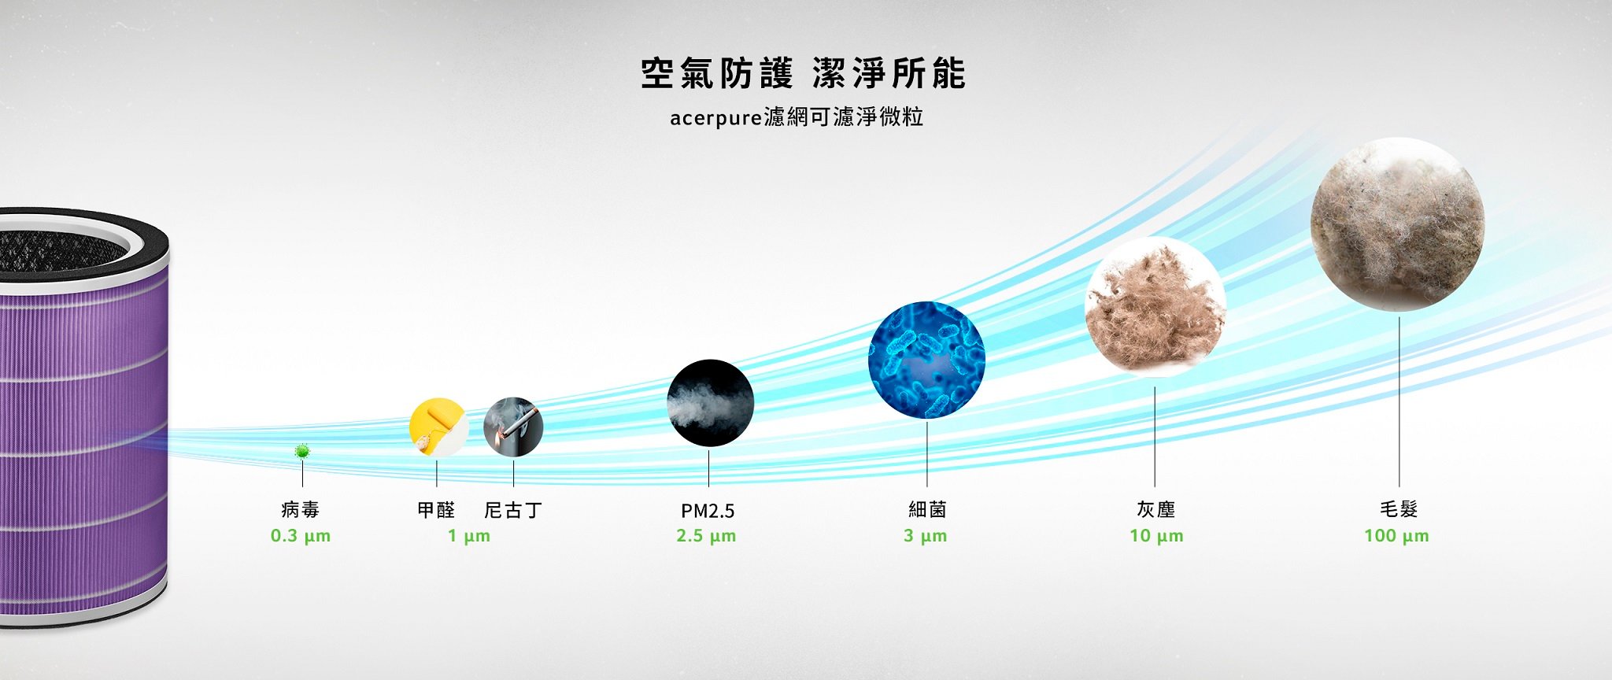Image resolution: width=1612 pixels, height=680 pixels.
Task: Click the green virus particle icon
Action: point(301,451)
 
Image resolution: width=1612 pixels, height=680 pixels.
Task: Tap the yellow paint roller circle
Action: point(438,427)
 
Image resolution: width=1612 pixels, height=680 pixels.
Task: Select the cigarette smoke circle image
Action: point(513,427)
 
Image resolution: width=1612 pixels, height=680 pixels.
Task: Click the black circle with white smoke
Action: point(710,403)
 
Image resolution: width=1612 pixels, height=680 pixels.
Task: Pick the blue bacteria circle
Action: point(926,360)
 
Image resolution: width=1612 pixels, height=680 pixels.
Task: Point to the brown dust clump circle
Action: point(1155,307)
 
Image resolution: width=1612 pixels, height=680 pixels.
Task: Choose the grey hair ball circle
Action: point(1398,224)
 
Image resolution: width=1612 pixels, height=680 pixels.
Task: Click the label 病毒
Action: point(301,510)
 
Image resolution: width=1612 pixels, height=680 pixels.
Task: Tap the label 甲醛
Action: point(436,510)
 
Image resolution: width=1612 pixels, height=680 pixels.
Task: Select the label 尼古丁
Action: point(513,510)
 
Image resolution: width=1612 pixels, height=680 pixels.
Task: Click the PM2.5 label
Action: point(708,511)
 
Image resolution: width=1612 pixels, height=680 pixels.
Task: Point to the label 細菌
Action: point(927,510)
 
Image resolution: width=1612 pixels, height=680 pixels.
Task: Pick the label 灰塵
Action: point(1155,510)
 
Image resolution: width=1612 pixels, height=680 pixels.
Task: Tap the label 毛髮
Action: point(1399,510)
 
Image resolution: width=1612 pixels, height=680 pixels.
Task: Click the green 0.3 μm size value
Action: point(301,536)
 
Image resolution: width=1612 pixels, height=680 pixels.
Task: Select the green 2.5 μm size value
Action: point(706,536)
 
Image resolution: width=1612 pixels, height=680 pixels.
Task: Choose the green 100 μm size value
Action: point(1396,536)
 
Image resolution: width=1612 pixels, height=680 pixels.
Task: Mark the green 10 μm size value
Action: point(1156,536)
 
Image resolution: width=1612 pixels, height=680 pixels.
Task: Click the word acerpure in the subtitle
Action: point(716,119)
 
